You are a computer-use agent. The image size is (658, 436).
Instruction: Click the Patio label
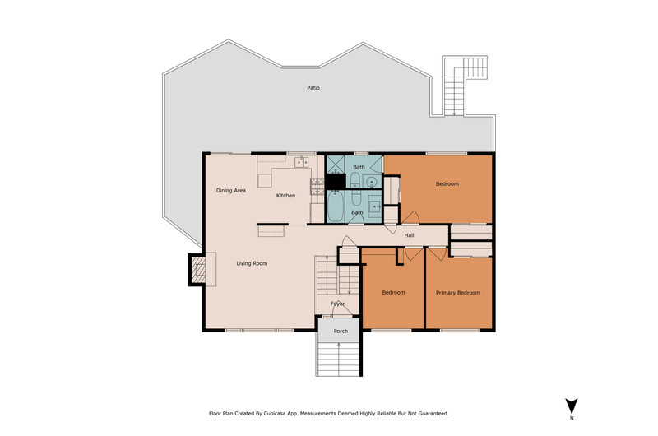(x=313, y=88)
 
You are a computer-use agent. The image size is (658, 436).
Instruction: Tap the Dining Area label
(x=231, y=191)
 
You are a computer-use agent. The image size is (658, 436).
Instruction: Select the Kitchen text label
(x=285, y=196)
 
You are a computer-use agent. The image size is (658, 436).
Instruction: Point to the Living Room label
(x=252, y=263)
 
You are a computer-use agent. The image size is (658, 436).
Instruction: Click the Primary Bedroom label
(x=458, y=293)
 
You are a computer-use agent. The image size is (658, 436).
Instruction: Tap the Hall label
(x=409, y=235)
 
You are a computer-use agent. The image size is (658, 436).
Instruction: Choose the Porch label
(x=341, y=331)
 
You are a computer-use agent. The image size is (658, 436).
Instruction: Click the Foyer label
(x=337, y=304)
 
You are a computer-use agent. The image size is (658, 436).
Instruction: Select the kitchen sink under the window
(x=301, y=162)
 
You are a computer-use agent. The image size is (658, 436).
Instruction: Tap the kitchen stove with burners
(x=317, y=186)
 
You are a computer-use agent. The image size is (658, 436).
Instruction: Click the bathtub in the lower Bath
(x=335, y=206)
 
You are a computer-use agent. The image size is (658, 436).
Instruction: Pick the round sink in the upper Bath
(x=371, y=182)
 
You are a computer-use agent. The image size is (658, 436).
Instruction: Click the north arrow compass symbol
(x=571, y=406)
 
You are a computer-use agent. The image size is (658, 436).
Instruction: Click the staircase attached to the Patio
(x=460, y=83)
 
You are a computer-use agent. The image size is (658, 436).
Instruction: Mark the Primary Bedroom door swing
(x=437, y=254)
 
